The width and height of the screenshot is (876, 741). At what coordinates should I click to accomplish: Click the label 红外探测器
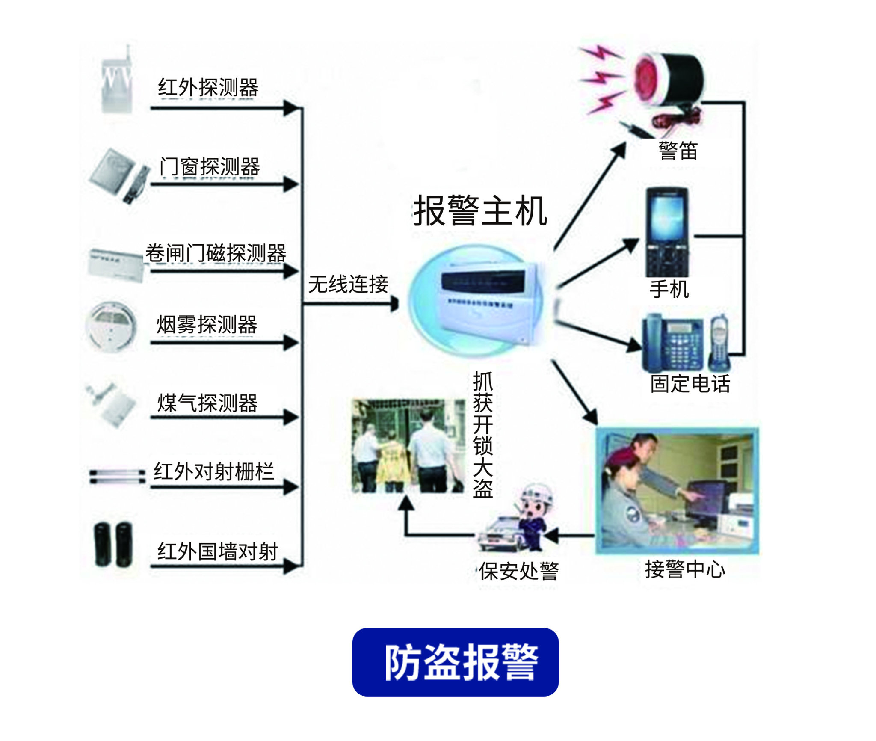pos(208,87)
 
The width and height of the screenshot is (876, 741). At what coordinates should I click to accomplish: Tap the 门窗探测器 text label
pos(209,166)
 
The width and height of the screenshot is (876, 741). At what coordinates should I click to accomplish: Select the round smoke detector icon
pos(111,326)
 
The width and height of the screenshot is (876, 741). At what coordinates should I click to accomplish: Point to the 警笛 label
pos(678,151)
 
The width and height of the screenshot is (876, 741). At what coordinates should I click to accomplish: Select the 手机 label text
pos(669,289)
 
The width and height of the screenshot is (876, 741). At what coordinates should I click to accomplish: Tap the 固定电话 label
pos(690,384)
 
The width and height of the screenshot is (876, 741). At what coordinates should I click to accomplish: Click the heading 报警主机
pos(480,211)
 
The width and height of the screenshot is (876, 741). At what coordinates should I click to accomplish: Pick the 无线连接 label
pos(348,284)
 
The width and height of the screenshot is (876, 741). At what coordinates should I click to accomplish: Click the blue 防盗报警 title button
pos(455,662)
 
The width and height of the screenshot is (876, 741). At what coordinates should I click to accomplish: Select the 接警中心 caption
pos(685,569)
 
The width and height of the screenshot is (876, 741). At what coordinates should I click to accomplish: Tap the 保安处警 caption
pos(518,571)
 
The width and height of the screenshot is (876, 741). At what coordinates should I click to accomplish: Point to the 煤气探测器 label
pos(207,403)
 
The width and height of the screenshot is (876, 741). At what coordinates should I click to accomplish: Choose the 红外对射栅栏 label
pos(213,472)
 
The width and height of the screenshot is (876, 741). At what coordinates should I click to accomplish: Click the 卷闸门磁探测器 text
pos(216,253)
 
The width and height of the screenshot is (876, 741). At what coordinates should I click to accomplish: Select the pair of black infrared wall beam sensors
pos(113,544)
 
